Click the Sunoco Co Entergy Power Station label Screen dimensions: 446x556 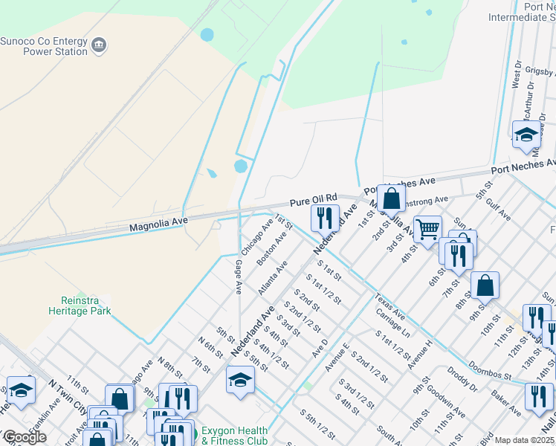[x=42, y=46]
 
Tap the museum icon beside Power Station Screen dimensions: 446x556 [x=98, y=47]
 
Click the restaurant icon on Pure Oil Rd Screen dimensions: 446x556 [x=324, y=219]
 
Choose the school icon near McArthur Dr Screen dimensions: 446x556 [x=526, y=135]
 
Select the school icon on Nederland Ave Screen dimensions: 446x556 [x=240, y=381]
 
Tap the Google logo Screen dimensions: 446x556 [x=25, y=438]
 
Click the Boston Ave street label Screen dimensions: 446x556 [x=271, y=250]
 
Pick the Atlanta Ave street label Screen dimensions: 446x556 [x=273, y=278]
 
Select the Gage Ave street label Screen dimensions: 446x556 [x=239, y=277]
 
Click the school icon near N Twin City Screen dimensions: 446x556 [x=21, y=391]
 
